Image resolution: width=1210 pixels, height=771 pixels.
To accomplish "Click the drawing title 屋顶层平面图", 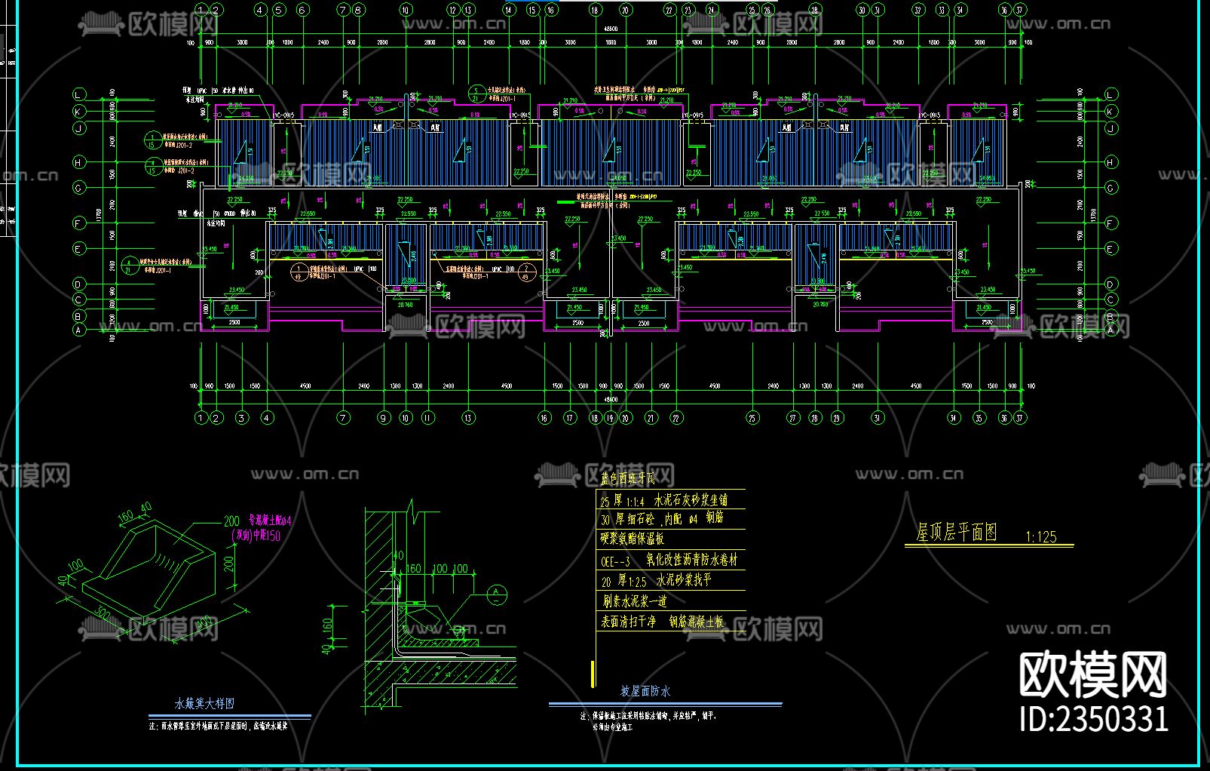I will [956, 533].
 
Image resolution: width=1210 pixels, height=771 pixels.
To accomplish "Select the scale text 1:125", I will [1040, 537].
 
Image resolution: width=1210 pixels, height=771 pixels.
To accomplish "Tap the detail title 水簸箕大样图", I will [204, 703].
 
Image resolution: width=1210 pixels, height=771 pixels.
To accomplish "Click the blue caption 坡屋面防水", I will [645, 691].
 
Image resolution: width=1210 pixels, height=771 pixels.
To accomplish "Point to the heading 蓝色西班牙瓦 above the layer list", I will [627, 478].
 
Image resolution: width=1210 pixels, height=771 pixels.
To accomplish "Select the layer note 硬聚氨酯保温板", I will [632, 539].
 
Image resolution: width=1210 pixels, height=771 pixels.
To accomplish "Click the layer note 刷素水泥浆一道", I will [634, 601].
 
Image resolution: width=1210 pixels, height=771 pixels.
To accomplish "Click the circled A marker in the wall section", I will [496, 594].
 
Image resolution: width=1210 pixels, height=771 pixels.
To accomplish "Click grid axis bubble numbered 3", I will [241, 418].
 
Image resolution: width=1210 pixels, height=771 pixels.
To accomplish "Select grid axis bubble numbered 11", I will [428, 418].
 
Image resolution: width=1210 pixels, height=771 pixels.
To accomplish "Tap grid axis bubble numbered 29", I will [837, 418].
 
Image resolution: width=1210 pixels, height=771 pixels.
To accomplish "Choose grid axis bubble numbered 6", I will [302, 10].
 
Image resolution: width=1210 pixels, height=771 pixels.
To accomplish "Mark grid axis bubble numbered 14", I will [508, 10].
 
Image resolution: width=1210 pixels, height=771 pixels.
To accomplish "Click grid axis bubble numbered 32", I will [917, 10].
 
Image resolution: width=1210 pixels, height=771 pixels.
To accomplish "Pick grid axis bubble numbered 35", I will [979, 418].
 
